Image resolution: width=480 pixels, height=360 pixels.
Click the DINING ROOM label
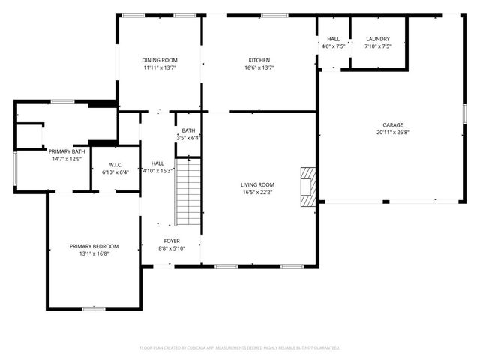point(160,60)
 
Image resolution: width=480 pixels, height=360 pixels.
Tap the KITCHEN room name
point(259,60)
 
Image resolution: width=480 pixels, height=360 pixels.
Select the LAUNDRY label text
point(378,39)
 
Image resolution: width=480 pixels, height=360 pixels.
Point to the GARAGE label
point(393,125)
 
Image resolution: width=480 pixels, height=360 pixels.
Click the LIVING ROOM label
point(257,184)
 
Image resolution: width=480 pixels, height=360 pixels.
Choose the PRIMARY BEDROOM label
point(94,246)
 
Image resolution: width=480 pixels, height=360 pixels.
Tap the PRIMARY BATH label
point(67,151)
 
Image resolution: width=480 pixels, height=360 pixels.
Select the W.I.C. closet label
point(115,165)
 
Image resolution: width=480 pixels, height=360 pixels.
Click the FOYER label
point(172,241)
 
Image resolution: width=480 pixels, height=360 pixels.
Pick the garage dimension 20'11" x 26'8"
point(393,133)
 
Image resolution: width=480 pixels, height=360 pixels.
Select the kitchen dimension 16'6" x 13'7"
point(259,67)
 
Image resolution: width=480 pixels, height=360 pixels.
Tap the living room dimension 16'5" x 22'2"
point(257,192)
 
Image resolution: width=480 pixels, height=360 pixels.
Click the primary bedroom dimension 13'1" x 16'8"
point(94,253)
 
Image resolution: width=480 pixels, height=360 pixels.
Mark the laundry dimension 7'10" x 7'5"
point(378,46)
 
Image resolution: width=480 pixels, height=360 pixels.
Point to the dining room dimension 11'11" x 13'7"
point(160,67)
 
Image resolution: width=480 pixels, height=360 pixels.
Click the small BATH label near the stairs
point(187,130)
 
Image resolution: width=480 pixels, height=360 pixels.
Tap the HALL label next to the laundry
point(333,39)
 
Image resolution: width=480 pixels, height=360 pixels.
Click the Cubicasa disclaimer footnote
point(240,348)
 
